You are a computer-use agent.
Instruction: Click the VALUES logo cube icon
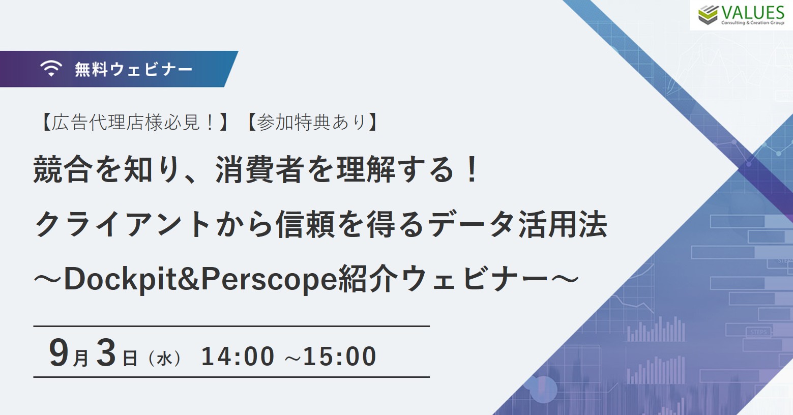[708, 15]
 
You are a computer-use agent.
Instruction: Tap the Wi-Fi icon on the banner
[51, 68]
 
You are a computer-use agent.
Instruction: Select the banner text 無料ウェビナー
[133, 69]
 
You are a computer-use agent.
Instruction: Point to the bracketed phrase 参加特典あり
[311, 123]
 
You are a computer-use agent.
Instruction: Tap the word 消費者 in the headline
[259, 170]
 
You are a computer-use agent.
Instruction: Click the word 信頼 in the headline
[306, 224]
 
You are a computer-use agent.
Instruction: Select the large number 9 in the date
[59, 352]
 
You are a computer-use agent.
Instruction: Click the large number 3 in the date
[106, 352]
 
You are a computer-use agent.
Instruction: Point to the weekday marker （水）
[165, 359]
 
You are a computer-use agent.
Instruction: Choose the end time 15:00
[340, 356]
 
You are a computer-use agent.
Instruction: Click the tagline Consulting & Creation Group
[753, 23]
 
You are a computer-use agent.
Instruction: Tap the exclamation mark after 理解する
[472, 170]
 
